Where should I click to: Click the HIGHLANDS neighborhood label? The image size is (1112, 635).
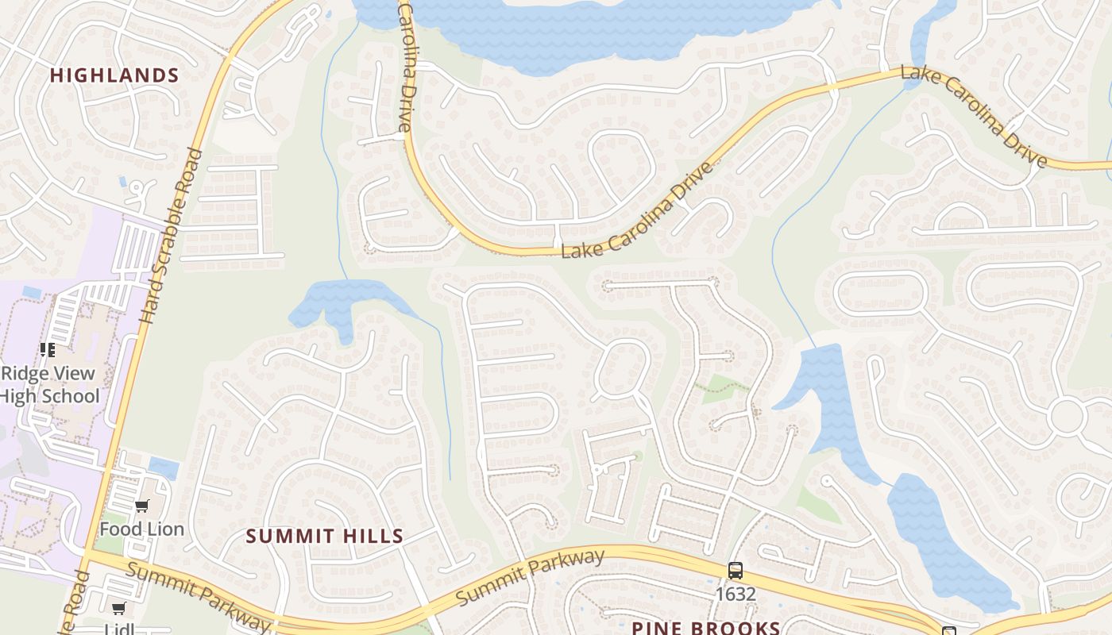114,75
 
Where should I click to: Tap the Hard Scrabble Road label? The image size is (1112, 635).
171,236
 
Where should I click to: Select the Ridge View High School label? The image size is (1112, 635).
49,385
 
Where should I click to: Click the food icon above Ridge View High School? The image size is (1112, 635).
48,350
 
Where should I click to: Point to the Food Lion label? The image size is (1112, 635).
141,529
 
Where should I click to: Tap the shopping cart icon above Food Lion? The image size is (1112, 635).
142,506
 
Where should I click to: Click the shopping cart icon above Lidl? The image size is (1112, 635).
118,609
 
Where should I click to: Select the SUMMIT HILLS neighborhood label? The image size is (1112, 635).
325,536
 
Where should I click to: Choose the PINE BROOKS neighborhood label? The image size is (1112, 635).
706,628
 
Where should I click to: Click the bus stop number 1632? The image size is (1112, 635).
736,593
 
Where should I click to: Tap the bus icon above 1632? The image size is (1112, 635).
736,570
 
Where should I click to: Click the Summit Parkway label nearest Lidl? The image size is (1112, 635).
199,595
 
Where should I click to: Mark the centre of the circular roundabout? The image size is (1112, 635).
1066,417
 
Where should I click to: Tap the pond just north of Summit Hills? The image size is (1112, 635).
342,302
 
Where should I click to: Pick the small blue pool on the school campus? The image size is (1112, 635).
32,292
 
